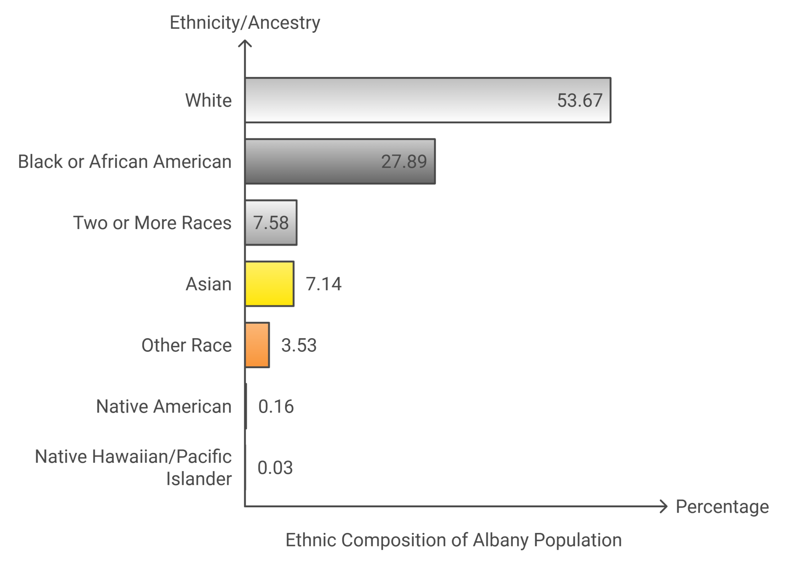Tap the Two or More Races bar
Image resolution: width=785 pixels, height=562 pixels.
(271, 223)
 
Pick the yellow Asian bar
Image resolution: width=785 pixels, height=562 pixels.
(269, 284)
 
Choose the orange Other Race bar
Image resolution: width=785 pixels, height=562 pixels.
(257, 345)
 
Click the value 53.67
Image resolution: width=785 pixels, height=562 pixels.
(580, 100)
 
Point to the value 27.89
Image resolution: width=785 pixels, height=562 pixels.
(404, 161)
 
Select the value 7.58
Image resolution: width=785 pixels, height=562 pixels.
(271, 223)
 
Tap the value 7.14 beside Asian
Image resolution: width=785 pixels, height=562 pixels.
(324, 284)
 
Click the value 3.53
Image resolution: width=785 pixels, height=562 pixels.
(299, 345)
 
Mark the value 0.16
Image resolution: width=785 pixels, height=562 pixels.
(276, 406)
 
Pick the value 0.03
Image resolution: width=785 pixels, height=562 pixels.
(275, 468)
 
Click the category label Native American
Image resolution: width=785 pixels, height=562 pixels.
(164, 406)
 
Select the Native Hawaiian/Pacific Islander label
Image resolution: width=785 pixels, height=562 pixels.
(133, 468)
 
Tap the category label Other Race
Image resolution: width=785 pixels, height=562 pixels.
(187, 345)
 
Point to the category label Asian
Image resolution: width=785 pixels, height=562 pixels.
(209, 284)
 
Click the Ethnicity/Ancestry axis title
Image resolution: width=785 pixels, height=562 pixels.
(245, 23)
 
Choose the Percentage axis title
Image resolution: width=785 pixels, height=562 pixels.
(722, 506)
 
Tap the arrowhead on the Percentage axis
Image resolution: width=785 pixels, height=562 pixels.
(663, 506)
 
